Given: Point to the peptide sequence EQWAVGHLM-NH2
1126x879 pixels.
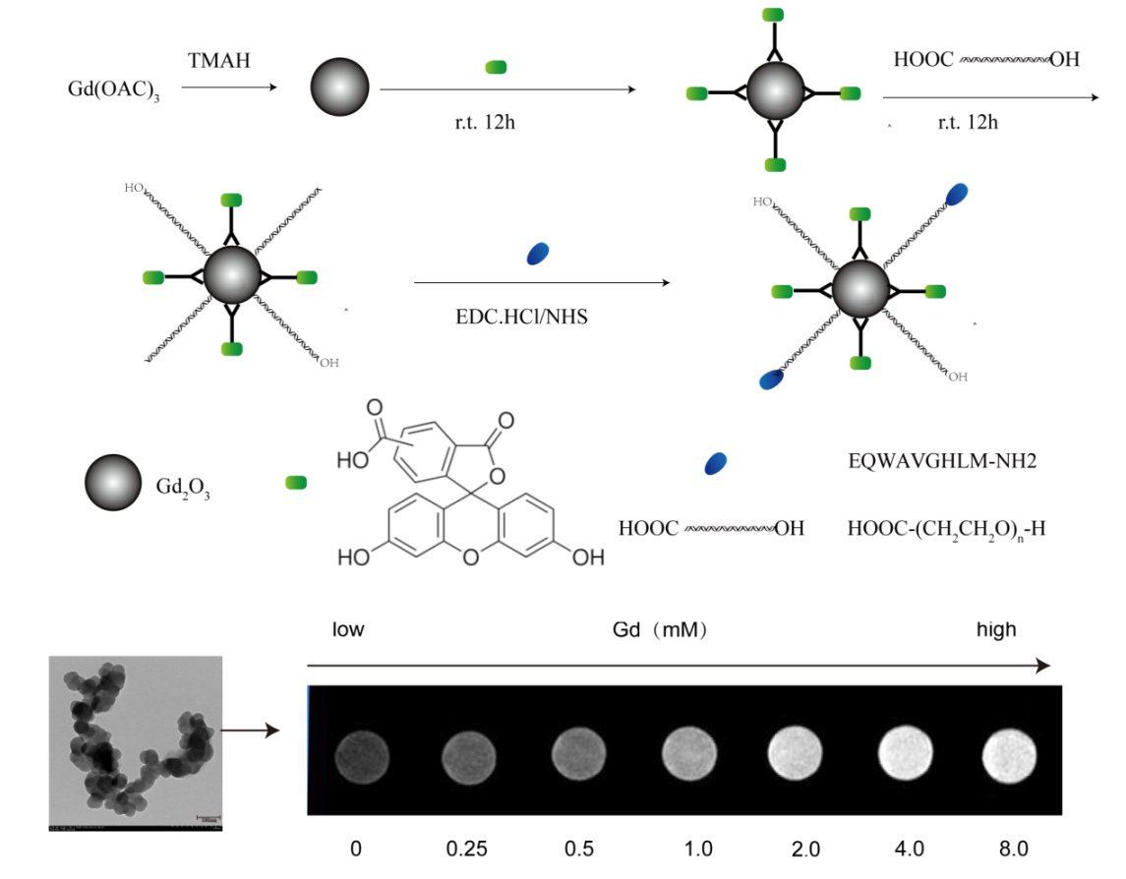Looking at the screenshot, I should pyautogui.click(x=941, y=459).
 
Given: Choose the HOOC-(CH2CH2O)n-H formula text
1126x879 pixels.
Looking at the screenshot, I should pyautogui.click(x=945, y=529).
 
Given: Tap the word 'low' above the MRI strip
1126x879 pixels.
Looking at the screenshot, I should pyautogui.click(x=348, y=630).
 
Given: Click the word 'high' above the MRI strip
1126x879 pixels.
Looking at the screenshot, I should pyautogui.click(x=995, y=630).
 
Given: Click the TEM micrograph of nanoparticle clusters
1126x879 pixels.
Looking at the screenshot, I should pyautogui.click(x=134, y=744).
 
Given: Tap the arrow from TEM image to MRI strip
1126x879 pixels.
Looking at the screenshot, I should pyautogui.click(x=250, y=731).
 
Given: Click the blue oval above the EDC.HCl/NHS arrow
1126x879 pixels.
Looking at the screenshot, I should pyautogui.click(x=538, y=254).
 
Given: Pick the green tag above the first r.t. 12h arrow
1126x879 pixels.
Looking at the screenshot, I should pyautogui.click(x=497, y=67).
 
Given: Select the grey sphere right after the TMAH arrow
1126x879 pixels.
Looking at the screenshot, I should pyautogui.click(x=339, y=88).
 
